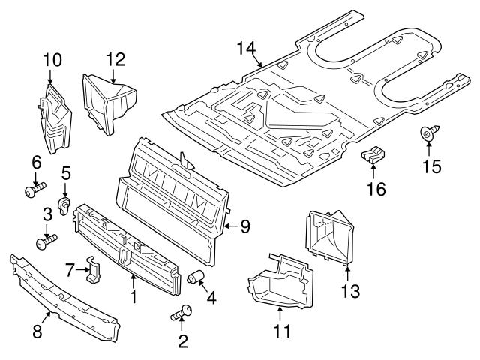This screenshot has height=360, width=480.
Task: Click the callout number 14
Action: (x=245, y=49)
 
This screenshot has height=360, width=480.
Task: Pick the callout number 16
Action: (x=376, y=190)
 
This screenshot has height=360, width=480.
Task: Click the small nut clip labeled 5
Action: (x=66, y=204)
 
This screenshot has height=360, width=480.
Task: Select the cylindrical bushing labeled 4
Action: (x=196, y=278)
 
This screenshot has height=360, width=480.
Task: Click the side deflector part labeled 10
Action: (x=53, y=120)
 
